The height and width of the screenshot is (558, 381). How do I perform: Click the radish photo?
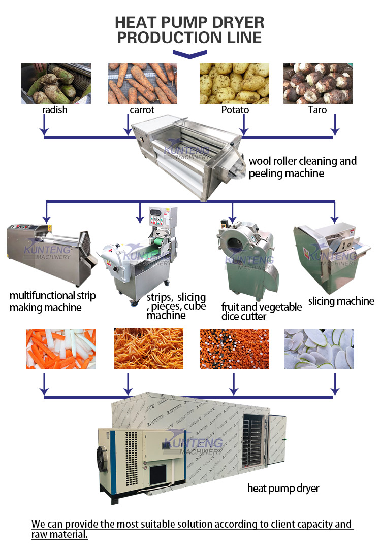pyautogui.click(x=56, y=83)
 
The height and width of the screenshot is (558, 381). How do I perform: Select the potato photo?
pyautogui.click(x=234, y=83)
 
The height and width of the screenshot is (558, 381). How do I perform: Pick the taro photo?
pyautogui.click(x=317, y=83)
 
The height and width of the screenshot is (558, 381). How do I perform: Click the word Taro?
pyautogui.click(x=317, y=110)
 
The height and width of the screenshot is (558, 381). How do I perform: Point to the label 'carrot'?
pyautogui.click(x=142, y=110)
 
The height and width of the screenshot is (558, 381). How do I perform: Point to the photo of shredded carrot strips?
pyautogui.click(x=141, y=348)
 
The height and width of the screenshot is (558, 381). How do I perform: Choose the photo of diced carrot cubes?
pyautogui.click(x=234, y=348)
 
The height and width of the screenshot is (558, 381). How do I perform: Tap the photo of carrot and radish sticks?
pyautogui.click(x=60, y=348)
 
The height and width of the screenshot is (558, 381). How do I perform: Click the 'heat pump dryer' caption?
pyautogui.click(x=283, y=489)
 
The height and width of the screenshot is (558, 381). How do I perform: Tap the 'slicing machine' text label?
pyautogui.click(x=341, y=301)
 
